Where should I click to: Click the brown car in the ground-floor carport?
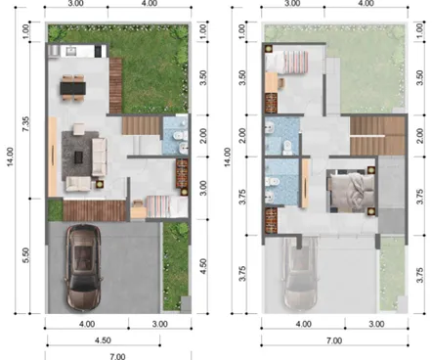(83, 267)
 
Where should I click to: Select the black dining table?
(73, 88)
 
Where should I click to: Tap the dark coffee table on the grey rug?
(78, 157)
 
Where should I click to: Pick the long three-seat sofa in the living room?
(100, 157)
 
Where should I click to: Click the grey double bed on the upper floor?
(351, 191)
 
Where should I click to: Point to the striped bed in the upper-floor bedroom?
(286, 62)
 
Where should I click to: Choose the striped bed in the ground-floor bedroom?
(166, 206)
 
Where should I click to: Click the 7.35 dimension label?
(26, 124)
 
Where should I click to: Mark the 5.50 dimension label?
(26, 255)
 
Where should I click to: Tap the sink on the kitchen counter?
(71, 51)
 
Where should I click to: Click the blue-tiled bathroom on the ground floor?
(175, 135)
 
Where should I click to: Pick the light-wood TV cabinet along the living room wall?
(53, 157)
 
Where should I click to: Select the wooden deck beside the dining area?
(115, 86)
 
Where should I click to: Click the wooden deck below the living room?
(95, 210)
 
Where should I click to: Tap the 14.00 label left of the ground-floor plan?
(11, 157)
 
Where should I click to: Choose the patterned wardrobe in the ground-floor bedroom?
(182, 174)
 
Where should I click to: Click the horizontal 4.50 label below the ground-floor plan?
(103, 340)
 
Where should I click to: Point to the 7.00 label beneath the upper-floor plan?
(334, 340)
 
